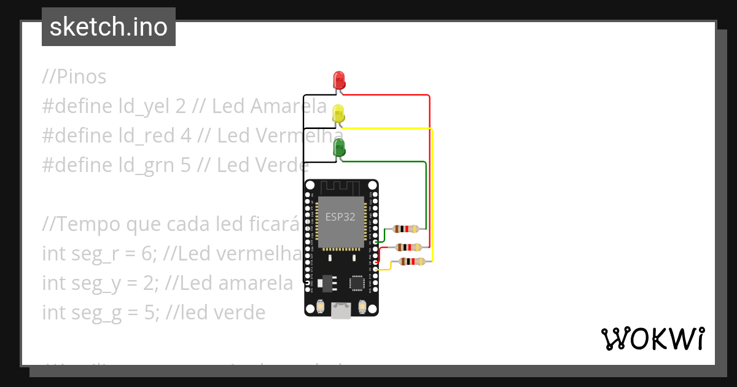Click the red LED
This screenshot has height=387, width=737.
[338, 80]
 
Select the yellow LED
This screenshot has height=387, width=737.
[338, 114]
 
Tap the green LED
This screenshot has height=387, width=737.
[338, 148]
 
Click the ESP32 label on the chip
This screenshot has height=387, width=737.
[341, 217]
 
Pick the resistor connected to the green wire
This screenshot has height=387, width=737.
[406, 229]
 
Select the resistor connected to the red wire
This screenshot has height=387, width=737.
[408, 247]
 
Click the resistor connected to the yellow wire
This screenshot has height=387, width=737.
[411, 262]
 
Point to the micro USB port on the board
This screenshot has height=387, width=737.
[341, 311]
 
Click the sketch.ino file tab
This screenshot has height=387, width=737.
[109, 27]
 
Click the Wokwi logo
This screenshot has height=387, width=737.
[652, 338]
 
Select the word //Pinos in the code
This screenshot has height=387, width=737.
[74, 77]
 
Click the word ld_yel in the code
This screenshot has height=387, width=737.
[147, 106]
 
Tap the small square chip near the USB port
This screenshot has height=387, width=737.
[357, 282]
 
